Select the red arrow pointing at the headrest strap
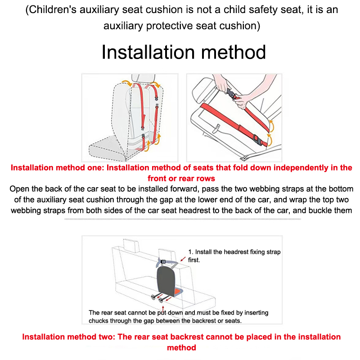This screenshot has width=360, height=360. click(x=183, y=259)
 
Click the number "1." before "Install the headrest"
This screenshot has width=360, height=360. click(x=191, y=252)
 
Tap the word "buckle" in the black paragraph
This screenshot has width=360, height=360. click(x=328, y=210)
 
